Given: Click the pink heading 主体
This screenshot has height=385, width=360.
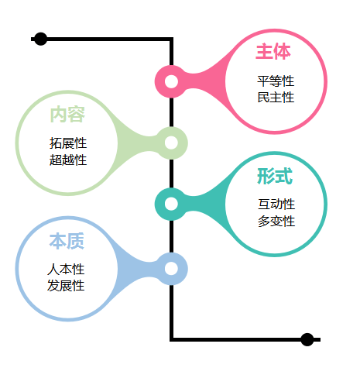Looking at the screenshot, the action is pyautogui.click(x=273, y=52).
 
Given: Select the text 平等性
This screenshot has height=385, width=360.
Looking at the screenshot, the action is pyautogui.click(x=276, y=81).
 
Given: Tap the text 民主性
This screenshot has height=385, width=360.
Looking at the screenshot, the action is pyautogui.click(x=276, y=98).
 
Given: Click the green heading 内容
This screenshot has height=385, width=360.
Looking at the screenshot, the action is pyautogui.click(x=67, y=115).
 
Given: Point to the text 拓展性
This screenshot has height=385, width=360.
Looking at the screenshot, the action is pyautogui.click(x=68, y=143).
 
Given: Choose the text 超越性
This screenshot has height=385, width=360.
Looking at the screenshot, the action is pyautogui.click(x=68, y=160).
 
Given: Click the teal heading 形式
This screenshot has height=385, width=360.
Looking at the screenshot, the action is pyautogui.click(x=275, y=176).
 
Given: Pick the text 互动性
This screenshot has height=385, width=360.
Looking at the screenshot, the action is pyautogui.click(x=276, y=204).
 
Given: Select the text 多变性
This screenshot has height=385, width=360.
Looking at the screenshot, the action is pyautogui.click(x=276, y=221).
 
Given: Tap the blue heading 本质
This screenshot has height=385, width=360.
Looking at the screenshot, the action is pyautogui.click(x=67, y=241).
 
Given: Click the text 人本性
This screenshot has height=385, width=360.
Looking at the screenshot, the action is pyautogui.click(x=66, y=270).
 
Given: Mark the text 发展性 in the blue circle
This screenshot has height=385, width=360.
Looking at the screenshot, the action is pyautogui.click(x=66, y=286).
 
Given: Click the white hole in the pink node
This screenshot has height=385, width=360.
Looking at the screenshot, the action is pyautogui.click(x=171, y=81).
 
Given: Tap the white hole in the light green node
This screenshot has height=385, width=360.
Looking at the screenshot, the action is pyautogui.click(x=171, y=143).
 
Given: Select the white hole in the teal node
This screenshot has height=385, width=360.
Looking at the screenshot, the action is pyautogui.click(x=171, y=204).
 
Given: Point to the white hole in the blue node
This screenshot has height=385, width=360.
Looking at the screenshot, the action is pyautogui.click(x=171, y=269).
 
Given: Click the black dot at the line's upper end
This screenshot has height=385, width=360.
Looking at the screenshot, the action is pyautogui.click(x=40, y=39).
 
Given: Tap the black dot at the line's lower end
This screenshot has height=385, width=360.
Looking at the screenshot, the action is pyautogui.click(x=307, y=339).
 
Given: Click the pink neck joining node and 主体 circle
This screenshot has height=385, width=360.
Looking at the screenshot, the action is pyautogui.click(x=207, y=81).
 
